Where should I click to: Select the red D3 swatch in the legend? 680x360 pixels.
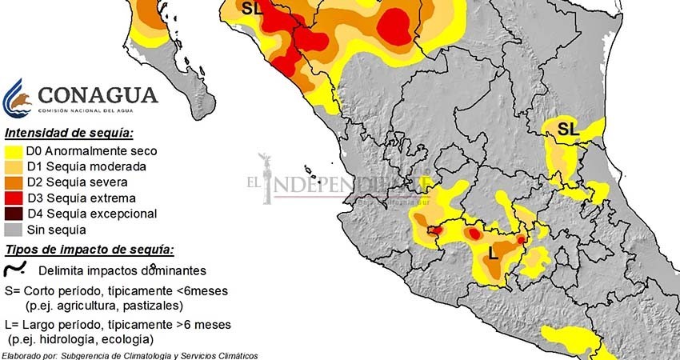pyautogui.click(x=12, y=198)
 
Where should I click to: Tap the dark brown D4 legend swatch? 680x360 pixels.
pyautogui.click(x=12, y=214)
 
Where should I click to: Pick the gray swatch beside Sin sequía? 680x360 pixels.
pyautogui.click(x=12, y=230)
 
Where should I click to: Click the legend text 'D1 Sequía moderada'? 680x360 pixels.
pyautogui.click(x=86, y=166)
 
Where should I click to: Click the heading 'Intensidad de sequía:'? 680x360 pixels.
pyautogui.click(x=69, y=132)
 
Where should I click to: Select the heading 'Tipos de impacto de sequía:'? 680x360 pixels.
pyautogui.click(x=88, y=250)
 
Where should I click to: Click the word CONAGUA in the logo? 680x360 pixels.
pyautogui.click(x=98, y=95)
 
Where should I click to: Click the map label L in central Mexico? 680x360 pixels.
pyautogui.click(x=493, y=254)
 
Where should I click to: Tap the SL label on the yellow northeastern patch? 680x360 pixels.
pyautogui.click(x=567, y=128)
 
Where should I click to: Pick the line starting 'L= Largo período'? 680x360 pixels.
pyautogui.click(x=117, y=325)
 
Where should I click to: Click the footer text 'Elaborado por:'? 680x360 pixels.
pyautogui.click(x=33, y=355)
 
